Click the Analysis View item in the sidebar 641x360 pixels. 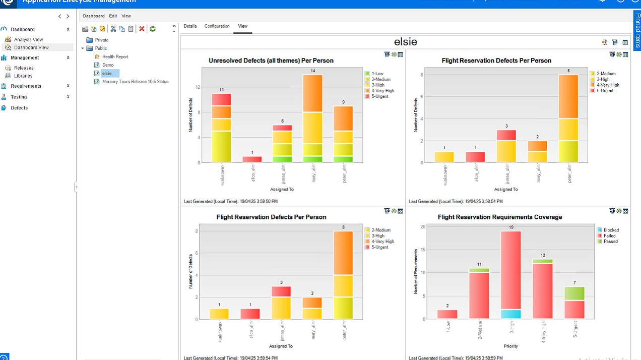pyautogui.click(x=28, y=39)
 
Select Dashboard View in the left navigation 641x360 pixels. pyautogui.click(x=31, y=47)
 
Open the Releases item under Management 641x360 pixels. pyautogui.click(x=24, y=68)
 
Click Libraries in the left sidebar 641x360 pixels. pyautogui.click(x=23, y=76)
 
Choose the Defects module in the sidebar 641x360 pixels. pyautogui.click(x=19, y=108)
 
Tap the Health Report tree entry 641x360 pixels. pyautogui.click(x=115, y=56)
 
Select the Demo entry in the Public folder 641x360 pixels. pyautogui.click(x=108, y=65)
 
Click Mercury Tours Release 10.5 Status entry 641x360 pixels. pyautogui.click(x=135, y=82)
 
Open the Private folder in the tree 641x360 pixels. pyautogui.click(x=101, y=40)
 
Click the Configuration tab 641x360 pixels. pyautogui.click(x=217, y=26)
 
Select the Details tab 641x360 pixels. pyautogui.click(x=190, y=26)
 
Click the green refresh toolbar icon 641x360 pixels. pyautogui.click(x=153, y=29)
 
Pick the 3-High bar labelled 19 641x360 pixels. pyautogui.click(x=510, y=272)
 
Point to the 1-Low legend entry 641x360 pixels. pyautogui.click(x=377, y=74)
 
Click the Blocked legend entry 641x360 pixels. pyautogui.click(x=611, y=230)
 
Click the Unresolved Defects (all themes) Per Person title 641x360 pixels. pyautogui.click(x=271, y=61)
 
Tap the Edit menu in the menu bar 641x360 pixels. pyautogui.click(x=113, y=16)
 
